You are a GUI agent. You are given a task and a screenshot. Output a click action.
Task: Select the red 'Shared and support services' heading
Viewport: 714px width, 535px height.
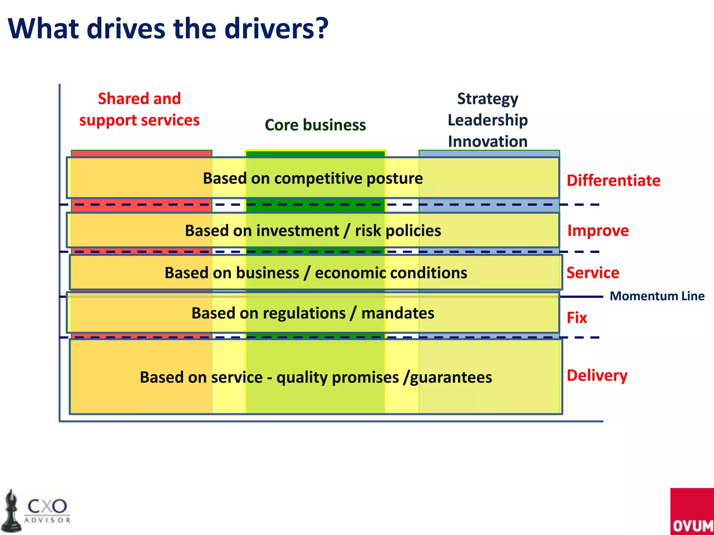(139, 109)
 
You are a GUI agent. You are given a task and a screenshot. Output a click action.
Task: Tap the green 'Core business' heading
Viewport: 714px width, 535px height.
(315, 125)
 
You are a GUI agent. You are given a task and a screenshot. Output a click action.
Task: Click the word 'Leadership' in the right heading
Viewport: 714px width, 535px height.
(487, 120)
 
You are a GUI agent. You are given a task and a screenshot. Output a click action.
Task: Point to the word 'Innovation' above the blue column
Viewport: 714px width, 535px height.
(487, 142)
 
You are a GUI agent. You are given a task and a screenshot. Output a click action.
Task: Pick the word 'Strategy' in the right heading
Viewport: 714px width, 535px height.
(487, 99)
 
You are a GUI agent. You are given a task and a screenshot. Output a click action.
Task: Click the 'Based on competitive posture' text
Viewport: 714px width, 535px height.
(313, 178)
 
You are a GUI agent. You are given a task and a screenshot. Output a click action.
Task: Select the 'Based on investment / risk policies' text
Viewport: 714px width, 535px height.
(313, 231)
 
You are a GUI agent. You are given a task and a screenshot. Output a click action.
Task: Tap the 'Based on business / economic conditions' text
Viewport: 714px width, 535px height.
(316, 273)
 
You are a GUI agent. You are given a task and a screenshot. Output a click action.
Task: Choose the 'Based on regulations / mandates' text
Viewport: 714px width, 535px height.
(313, 313)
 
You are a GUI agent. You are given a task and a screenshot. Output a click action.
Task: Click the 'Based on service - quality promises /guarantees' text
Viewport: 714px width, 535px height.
(316, 377)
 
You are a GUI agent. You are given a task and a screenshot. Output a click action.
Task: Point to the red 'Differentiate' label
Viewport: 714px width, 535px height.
(613, 181)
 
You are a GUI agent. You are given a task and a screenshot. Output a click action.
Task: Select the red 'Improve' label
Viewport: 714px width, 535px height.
(598, 231)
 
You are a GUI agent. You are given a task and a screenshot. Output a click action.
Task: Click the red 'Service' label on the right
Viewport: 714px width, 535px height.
(593, 273)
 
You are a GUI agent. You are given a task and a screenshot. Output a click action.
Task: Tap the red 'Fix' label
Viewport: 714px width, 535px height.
(577, 318)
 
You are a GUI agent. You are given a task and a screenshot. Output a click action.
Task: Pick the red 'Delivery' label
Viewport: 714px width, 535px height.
(597, 375)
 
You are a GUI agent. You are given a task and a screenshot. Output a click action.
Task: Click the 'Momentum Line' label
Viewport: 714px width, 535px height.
(657, 296)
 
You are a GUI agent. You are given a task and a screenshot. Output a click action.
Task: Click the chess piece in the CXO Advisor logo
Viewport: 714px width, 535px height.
(11, 511)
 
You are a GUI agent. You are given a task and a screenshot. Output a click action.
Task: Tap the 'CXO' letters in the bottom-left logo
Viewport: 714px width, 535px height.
(47, 506)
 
